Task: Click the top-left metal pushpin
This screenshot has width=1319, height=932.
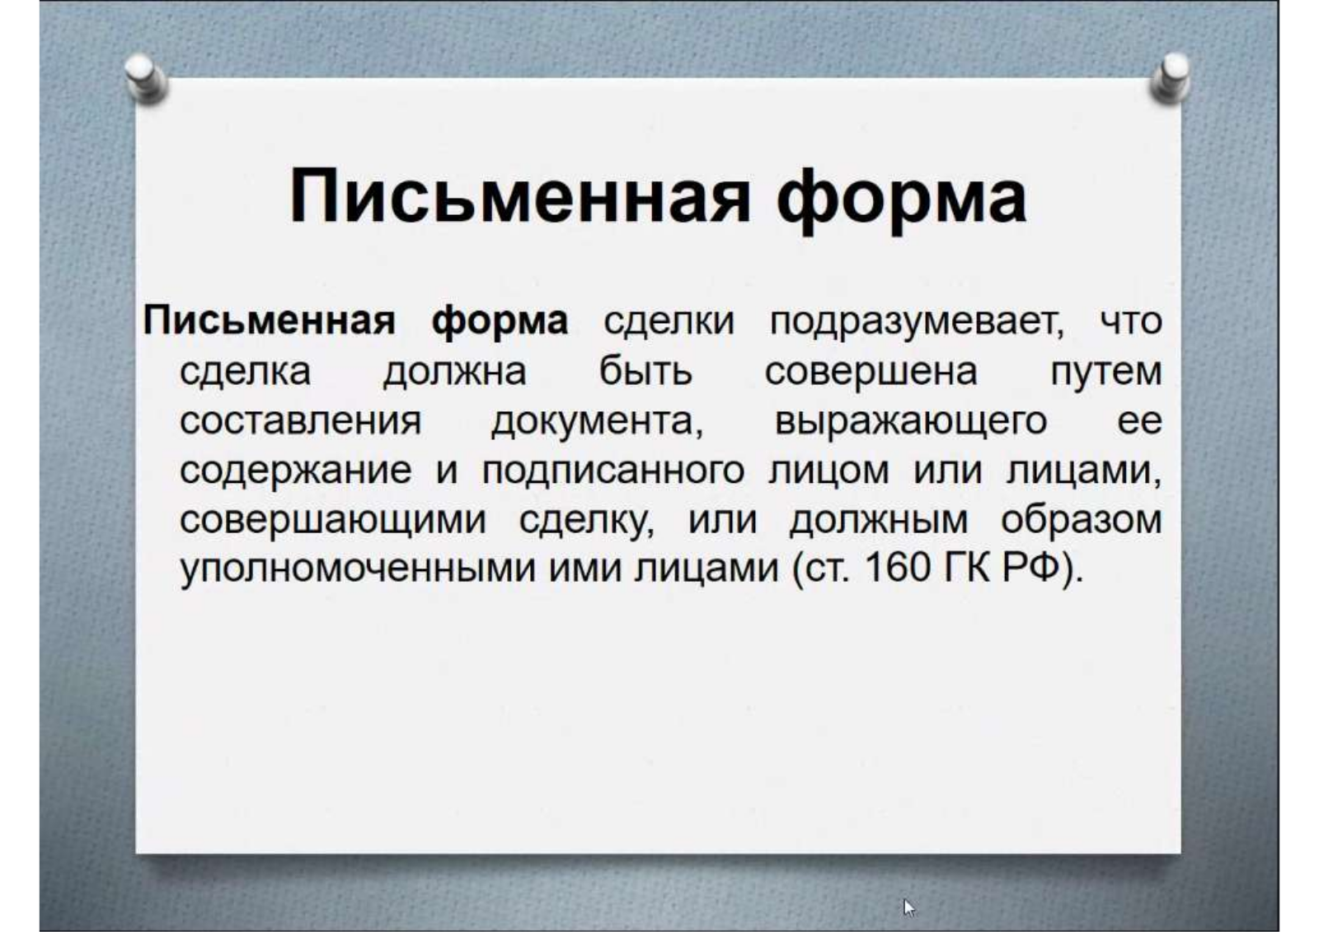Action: click(x=146, y=78)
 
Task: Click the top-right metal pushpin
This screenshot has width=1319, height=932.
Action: click(x=1170, y=77)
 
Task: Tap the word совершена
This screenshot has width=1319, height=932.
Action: click(x=871, y=372)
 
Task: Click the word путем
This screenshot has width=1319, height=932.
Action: click(x=1106, y=374)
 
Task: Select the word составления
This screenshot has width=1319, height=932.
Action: click(x=300, y=422)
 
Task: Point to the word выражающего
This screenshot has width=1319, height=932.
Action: click(x=910, y=423)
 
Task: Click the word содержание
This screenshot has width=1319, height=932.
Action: click(x=296, y=472)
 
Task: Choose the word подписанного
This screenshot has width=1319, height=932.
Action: click(x=613, y=472)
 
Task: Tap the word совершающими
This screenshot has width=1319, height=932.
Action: click(x=333, y=521)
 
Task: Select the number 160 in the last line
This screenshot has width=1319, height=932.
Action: click(x=898, y=569)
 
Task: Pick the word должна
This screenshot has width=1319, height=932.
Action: click(x=454, y=374)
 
